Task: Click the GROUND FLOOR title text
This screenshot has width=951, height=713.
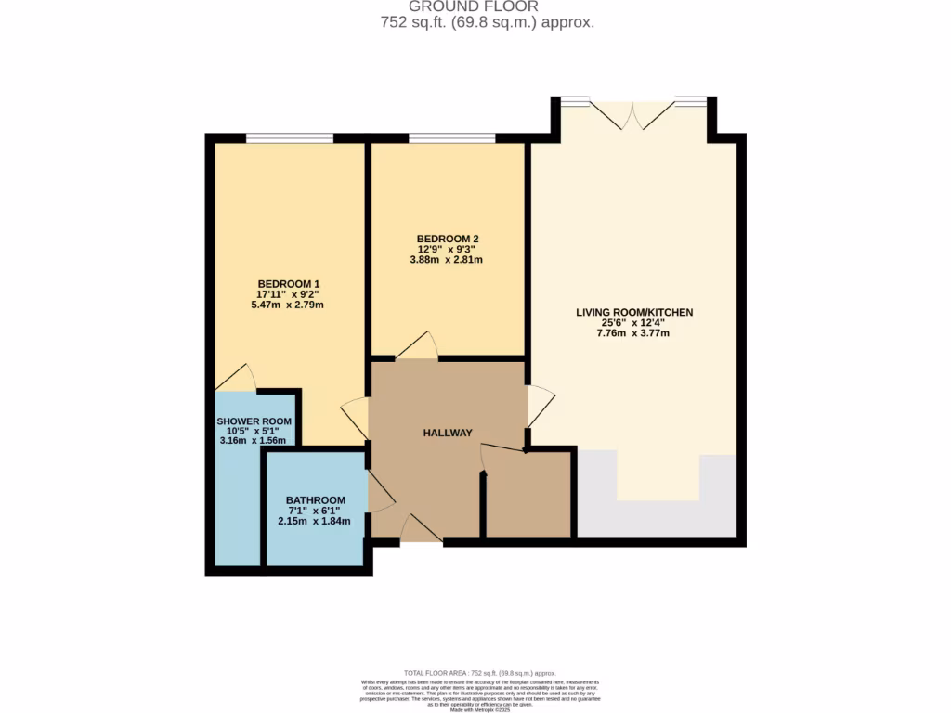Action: click(475, 6)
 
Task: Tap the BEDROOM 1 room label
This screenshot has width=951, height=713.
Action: click(288, 284)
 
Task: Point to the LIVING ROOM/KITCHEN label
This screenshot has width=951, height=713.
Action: click(634, 313)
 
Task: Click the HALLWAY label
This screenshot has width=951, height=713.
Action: click(448, 434)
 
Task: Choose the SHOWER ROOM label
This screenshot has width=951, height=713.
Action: click(254, 421)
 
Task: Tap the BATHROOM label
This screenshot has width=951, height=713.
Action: click(315, 500)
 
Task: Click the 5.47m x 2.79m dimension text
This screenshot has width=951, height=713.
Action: click(288, 305)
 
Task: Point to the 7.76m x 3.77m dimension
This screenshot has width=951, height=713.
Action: click(634, 333)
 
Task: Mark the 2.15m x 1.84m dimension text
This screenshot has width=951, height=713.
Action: click(315, 521)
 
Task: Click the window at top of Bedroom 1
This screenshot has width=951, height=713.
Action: click(289, 139)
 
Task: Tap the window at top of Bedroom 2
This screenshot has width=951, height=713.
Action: click(451, 139)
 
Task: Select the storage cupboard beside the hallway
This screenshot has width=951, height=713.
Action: click(528, 494)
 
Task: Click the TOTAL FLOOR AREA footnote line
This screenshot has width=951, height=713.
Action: click(480, 673)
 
